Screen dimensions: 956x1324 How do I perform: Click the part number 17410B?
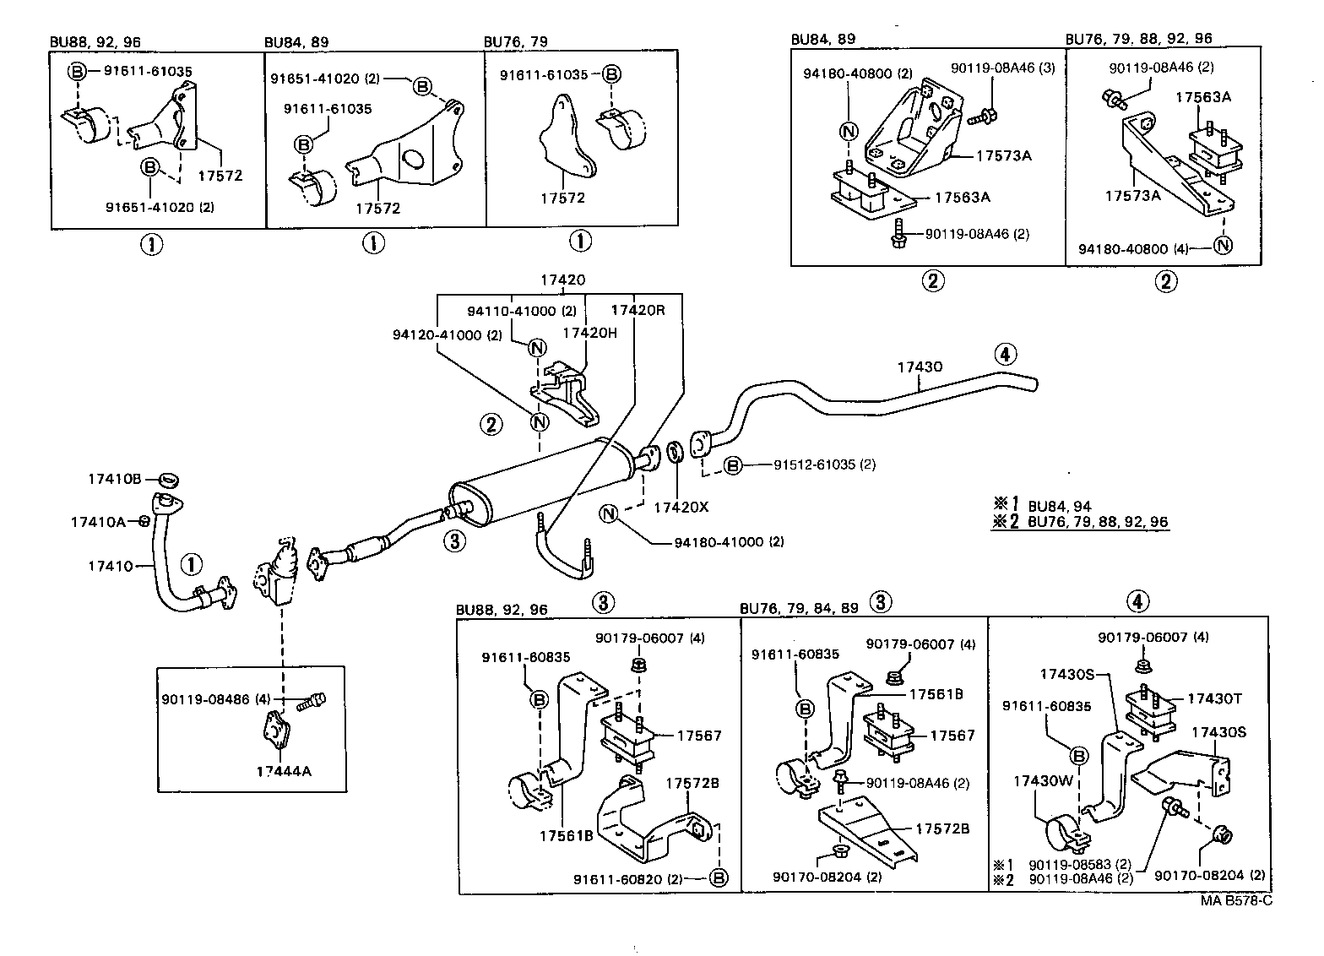coord(114,479)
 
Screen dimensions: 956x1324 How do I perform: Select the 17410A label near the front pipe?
coord(98,522)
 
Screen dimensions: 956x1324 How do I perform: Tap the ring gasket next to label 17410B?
coord(169,481)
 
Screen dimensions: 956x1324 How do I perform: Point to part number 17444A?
coord(285,770)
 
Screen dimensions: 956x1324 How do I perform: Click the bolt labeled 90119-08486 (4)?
coord(312,700)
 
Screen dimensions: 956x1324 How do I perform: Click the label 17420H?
coord(590,333)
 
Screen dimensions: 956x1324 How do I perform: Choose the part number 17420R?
coord(638,310)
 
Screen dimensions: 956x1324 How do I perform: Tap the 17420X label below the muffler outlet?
coord(681,508)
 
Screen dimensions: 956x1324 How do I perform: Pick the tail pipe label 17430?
coord(920,367)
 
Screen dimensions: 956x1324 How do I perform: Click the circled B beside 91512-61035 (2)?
coord(733,464)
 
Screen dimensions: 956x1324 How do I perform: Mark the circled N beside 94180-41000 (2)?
coord(609,513)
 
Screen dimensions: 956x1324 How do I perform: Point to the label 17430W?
coord(1043,781)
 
